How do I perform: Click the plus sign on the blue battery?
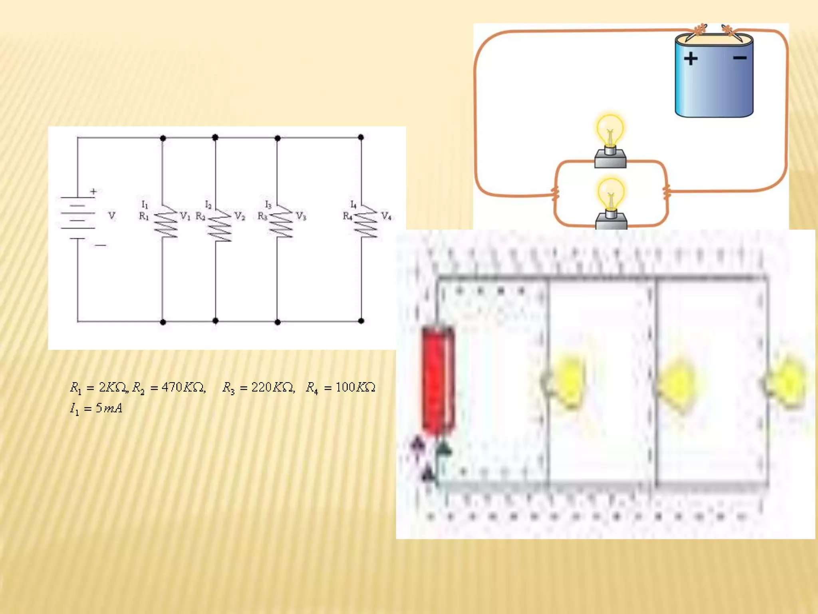pos(691,59)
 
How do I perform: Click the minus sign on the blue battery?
pos(740,58)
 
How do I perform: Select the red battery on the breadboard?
pos(438,380)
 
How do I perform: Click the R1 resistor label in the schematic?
pos(144,216)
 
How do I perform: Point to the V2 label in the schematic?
pos(239,216)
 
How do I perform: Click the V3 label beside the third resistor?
pos(301,216)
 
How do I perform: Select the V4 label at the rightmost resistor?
pos(386,216)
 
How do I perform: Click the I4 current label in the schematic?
pos(353,205)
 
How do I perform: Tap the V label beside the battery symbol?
pos(112,216)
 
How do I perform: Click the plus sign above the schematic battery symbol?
pos(93,191)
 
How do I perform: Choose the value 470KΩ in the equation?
pos(183,387)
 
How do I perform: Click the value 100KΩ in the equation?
pos(355,387)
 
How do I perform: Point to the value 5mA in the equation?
pos(109,408)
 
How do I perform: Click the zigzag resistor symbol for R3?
pos(281,221)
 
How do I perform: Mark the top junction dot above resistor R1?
pos(163,138)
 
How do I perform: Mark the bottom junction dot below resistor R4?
pos(361,321)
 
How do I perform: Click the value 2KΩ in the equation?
pos(113,387)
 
